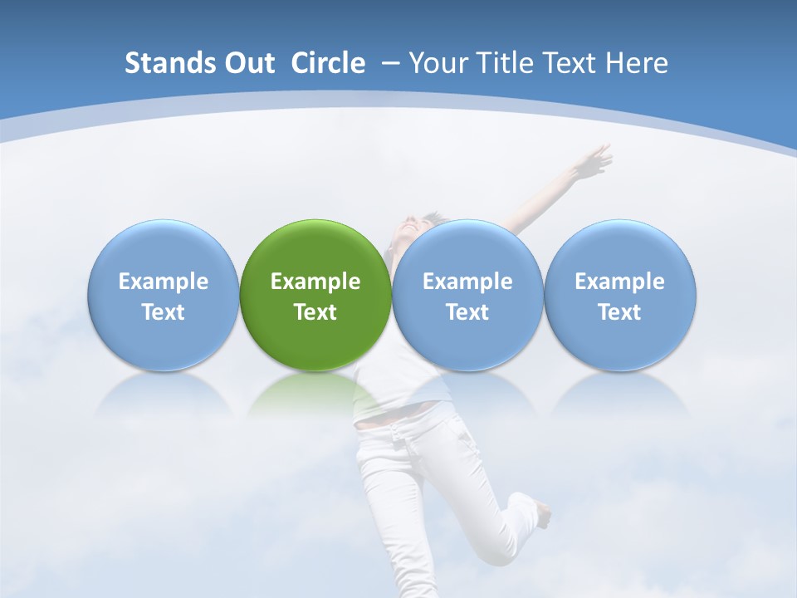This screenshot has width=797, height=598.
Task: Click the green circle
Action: [315, 296]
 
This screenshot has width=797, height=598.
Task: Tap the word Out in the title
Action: [247, 63]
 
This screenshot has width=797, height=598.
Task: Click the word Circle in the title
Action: [328, 63]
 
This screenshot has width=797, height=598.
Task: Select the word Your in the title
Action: [438, 63]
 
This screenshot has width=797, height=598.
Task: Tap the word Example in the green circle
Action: [315, 282]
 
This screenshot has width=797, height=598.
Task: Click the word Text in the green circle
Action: [315, 312]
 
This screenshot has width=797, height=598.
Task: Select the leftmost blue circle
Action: [163, 296]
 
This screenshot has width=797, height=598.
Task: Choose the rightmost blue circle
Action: [619, 296]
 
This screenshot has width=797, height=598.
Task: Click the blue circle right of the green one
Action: [467, 296]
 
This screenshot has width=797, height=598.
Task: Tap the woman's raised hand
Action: [595, 159]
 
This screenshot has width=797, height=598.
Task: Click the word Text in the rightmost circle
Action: [619, 312]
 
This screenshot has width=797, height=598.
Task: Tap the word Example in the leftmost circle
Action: [163, 282]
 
